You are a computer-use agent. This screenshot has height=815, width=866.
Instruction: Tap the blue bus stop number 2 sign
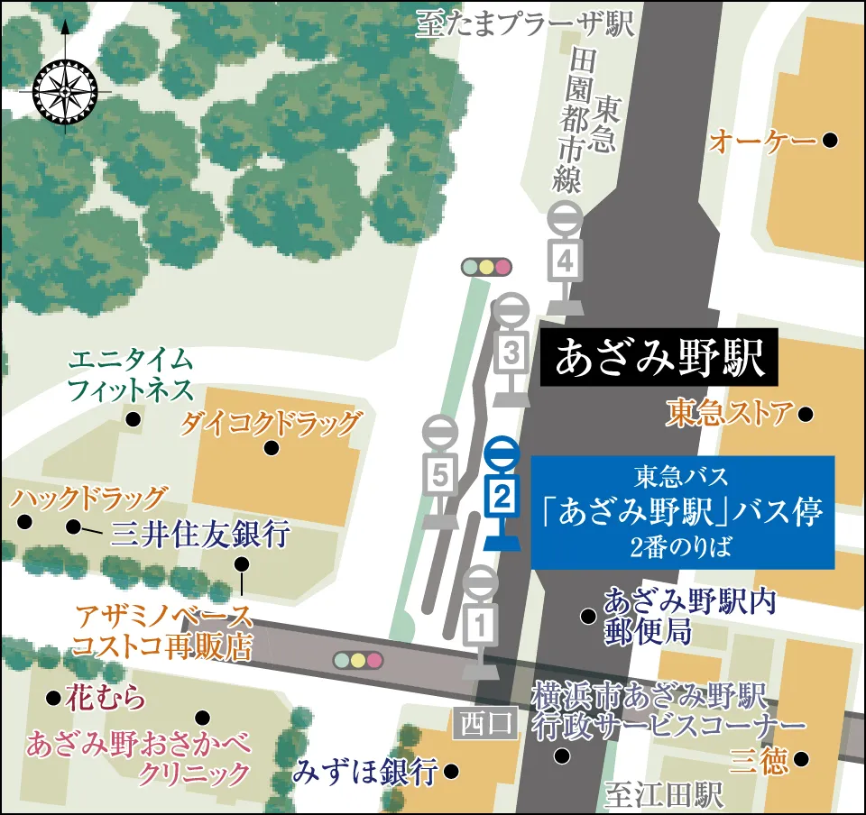tap(502, 494)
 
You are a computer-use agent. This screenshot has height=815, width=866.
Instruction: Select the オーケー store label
tap(762, 141)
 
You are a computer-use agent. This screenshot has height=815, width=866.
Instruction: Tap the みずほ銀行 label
tap(365, 772)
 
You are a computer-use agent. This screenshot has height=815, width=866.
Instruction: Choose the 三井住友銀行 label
tap(199, 535)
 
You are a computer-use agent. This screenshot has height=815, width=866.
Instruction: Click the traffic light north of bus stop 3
tap(486, 267)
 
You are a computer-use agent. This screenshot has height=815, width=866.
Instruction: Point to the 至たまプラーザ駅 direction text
tap(525, 24)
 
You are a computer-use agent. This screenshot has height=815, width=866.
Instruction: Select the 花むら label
tap(106, 698)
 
